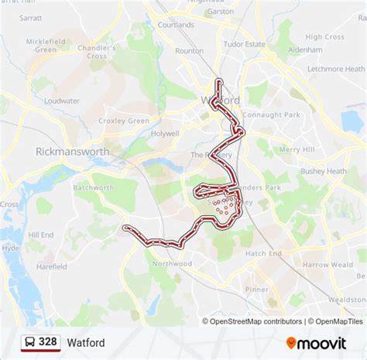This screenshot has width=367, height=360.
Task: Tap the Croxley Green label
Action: click(x=129, y=121)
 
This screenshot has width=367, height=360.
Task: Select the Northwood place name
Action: click(x=172, y=263)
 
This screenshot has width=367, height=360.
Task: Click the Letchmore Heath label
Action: click(x=335, y=69)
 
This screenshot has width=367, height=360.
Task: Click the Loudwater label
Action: click(x=62, y=101)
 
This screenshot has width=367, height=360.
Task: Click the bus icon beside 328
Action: click(x=29, y=341)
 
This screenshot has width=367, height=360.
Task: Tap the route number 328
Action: click(x=48, y=341)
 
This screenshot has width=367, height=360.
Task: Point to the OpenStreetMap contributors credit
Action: click(x=252, y=321)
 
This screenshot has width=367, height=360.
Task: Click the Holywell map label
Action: click(x=165, y=133)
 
